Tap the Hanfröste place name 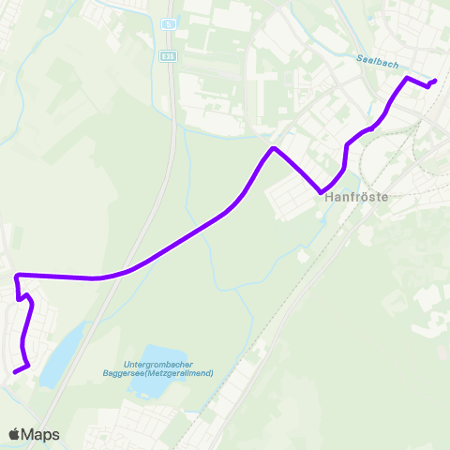tap(356, 198)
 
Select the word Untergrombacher tap(158, 365)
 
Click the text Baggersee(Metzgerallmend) tap(158, 373)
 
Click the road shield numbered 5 tap(168, 23)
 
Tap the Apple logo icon tap(14, 434)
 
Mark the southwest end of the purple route tap(15, 371)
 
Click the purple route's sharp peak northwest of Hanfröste tap(273, 148)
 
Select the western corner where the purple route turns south tap(17, 275)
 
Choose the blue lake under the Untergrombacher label tap(150, 387)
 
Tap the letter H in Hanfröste tap(329, 198)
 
